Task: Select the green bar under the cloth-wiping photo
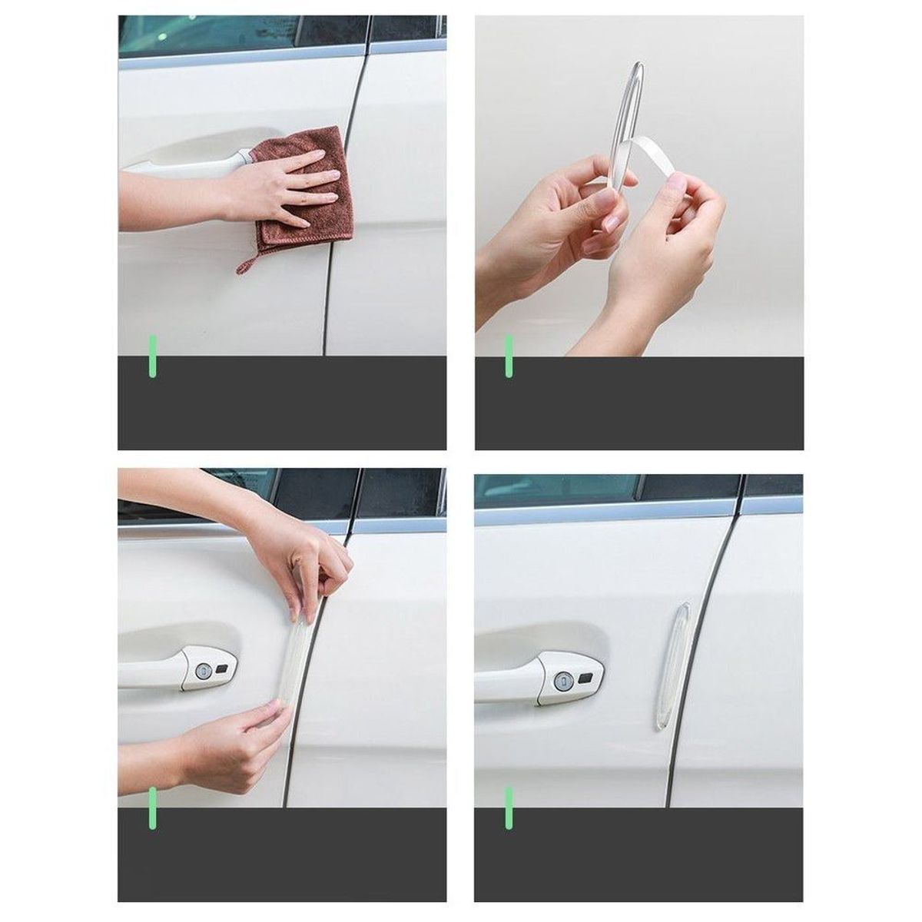pos(153,356)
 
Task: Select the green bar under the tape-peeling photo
pos(508,356)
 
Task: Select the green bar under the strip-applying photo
pos(153,809)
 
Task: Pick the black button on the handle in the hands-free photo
pos(584,676)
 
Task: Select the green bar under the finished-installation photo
pos(508,809)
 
